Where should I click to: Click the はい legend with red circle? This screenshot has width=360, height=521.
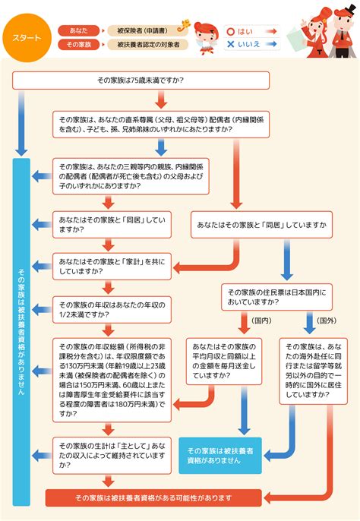[239, 32]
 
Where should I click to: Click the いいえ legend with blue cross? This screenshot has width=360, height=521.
[241, 45]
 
